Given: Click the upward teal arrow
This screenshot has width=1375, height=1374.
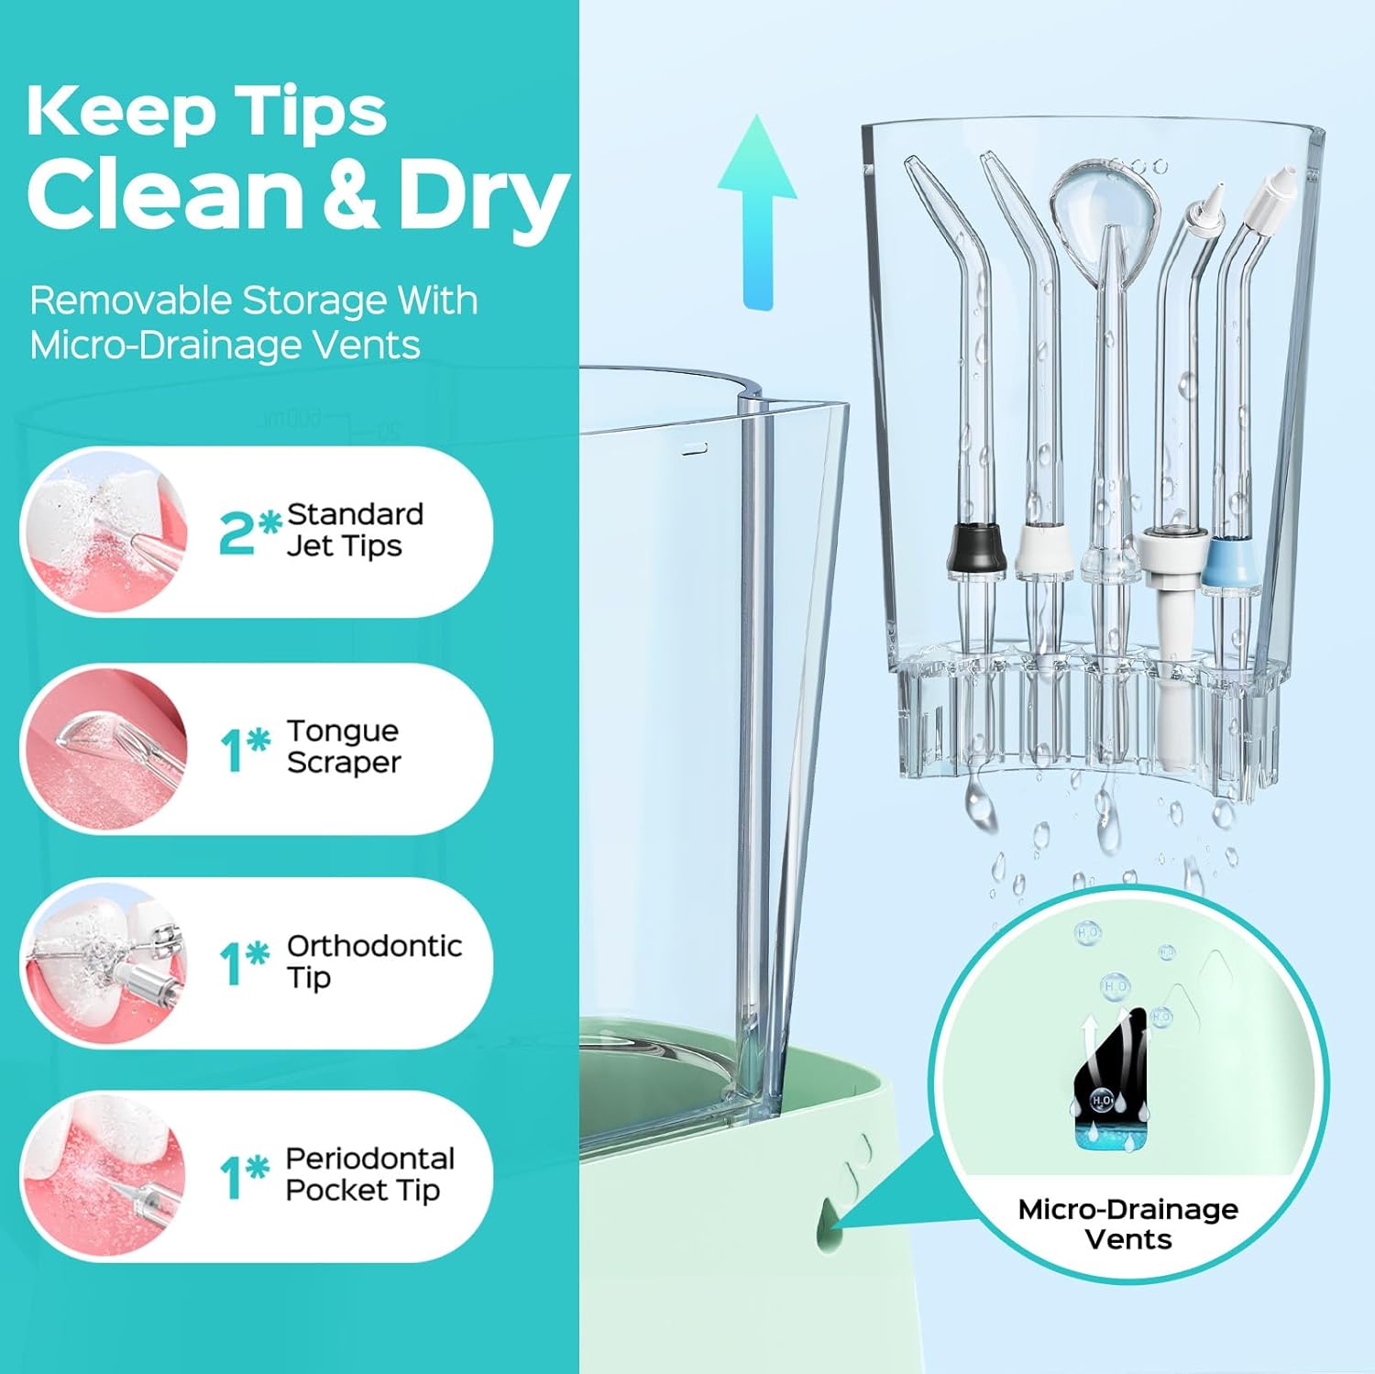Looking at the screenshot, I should (756, 211).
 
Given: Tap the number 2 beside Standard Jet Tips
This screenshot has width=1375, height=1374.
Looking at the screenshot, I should (236, 533).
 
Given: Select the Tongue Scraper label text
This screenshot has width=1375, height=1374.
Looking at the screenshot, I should (344, 746).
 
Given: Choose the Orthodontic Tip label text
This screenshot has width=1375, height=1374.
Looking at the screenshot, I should (374, 961).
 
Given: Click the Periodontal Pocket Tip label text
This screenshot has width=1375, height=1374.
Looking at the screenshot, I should (369, 1174).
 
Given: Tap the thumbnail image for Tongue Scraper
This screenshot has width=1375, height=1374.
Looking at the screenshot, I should (105, 747).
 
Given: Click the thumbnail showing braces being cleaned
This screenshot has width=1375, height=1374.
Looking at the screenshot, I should (105, 962).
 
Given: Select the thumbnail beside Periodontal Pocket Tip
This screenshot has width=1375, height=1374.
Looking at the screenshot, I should (105, 1176).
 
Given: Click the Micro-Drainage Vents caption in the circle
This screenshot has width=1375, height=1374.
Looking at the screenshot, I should (1127, 1224).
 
